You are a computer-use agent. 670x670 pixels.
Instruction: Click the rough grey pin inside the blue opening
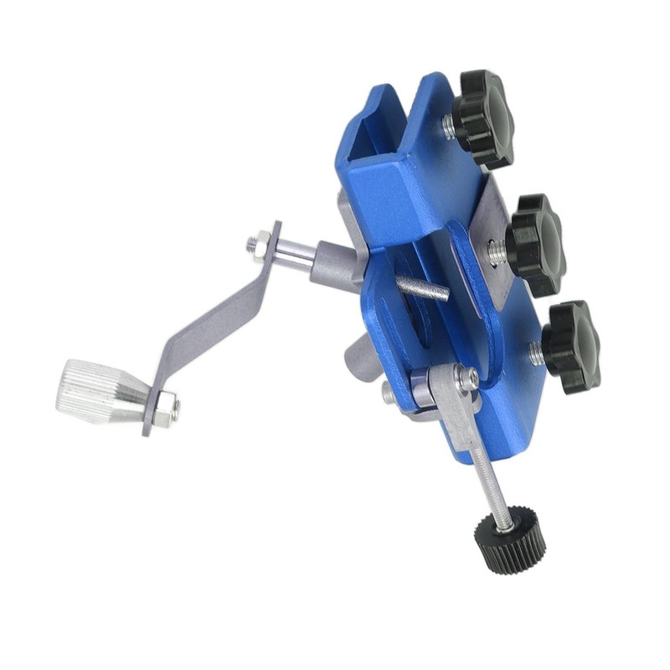422,289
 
